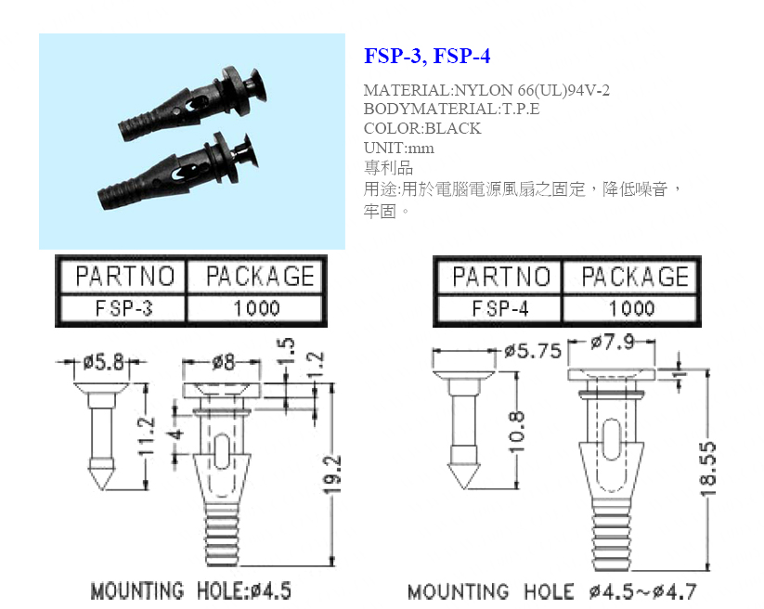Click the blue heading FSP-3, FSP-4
point(427,56)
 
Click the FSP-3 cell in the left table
point(123,308)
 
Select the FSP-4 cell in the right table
point(500,309)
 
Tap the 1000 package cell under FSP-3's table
point(256,308)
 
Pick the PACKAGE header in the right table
point(635,277)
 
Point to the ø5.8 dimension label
point(103,362)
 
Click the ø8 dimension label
point(223,362)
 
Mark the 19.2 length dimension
point(331,475)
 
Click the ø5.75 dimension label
point(533,351)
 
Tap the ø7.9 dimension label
point(613,342)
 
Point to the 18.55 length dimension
point(707,469)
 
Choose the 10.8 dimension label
point(516,432)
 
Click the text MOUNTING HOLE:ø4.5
point(191,591)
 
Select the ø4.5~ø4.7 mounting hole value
point(643,592)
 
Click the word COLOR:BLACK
point(422,128)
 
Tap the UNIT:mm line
point(398,148)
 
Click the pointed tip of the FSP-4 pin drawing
point(462,487)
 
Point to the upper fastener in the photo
point(193,103)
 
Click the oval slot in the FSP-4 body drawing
point(612,439)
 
